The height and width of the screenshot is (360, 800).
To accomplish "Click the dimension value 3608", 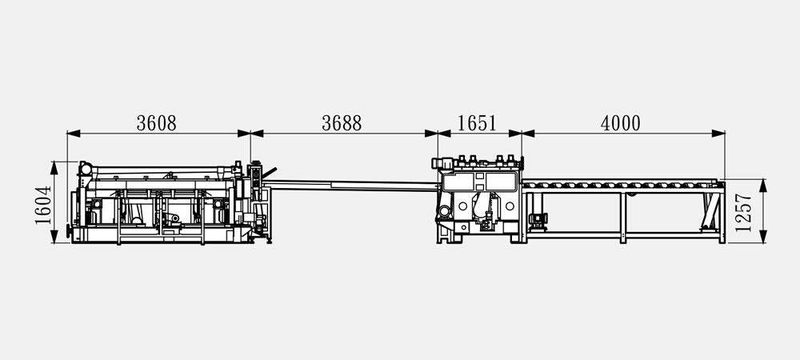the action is (x=156, y=123).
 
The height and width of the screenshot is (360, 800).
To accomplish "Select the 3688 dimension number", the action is (x=342, y=123).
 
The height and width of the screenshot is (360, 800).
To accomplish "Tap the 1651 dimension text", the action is (x=477, y=123).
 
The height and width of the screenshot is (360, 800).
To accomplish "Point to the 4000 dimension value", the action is (x=621, y=123).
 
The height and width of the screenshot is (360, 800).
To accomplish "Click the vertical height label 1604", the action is (x=43, y=205).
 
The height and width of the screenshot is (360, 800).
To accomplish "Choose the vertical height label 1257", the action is (x=744, y=213).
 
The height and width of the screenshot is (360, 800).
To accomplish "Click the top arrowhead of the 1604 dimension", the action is (x=54, y=168).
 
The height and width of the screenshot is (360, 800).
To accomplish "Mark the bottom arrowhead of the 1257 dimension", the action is (x=763, y=237).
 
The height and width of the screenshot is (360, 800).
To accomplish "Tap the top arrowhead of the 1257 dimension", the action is (x=763, y=185).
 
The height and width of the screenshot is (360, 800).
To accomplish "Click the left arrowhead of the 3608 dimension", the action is (x=74, y=134).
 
